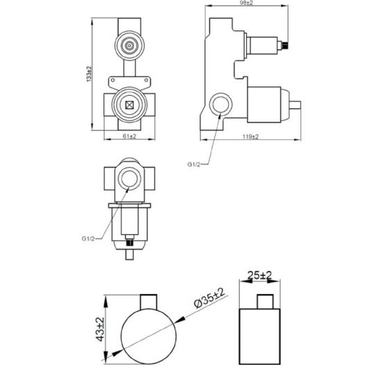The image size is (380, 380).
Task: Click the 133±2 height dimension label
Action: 89,74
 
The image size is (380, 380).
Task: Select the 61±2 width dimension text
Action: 130,137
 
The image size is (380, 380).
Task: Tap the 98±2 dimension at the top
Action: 246,3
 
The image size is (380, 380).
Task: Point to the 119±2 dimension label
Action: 250,137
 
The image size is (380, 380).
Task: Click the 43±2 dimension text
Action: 101,329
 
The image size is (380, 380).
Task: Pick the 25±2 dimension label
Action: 259,275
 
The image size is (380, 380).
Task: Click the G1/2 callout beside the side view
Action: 194,164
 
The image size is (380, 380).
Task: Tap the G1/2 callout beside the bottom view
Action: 88,239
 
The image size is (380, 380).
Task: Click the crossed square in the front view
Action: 130,105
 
